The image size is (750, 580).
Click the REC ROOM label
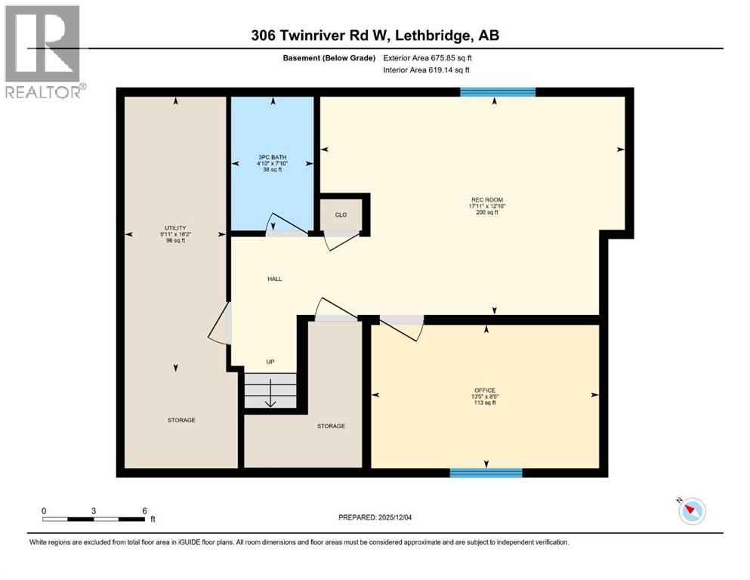point(486,200)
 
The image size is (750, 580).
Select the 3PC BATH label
point(273,159)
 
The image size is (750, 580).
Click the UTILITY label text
point(175,228)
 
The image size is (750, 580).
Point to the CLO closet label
point(341,215)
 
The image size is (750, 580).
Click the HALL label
point(274,279)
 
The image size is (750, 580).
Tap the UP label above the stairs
point(270,362)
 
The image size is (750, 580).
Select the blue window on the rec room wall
point(498,92)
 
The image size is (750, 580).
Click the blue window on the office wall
point(486,473)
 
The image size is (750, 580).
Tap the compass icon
point(691,511)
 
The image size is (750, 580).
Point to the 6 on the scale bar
point(144,511)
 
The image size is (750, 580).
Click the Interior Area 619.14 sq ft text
point(427,69)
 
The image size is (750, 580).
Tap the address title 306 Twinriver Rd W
point(375,35)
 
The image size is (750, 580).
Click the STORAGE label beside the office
point(331,426)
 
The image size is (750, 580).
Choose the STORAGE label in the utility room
point(181,420)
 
